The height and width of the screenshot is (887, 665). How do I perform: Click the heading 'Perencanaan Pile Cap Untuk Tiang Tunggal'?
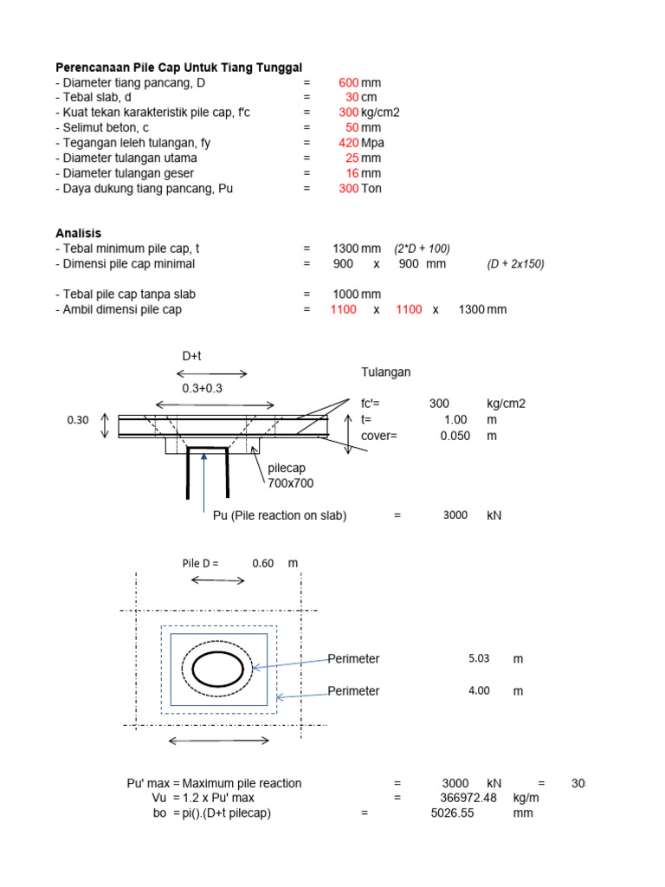click(179, 68)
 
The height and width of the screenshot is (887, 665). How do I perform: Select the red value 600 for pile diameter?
click(348, 83)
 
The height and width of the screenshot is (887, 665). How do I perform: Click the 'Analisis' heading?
click(79, 233)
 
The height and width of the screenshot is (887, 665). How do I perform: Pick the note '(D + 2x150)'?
click(515, 264)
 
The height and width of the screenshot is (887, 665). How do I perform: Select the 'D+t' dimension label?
click(191, 356)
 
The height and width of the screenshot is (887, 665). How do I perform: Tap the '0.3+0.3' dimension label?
click(203, 389)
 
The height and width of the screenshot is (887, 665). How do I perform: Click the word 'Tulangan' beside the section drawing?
click(385, 372)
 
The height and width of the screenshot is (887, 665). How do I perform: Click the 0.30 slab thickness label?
click(78, 420)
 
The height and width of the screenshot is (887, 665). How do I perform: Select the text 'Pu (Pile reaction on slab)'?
click(280, 515)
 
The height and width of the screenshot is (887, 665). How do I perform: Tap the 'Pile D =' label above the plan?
click(200, 563)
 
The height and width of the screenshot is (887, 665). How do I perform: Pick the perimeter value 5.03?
click(479, 658)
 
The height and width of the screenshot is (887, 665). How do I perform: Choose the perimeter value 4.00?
click(479, 691)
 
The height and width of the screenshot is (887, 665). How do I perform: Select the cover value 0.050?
click(455, 436)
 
